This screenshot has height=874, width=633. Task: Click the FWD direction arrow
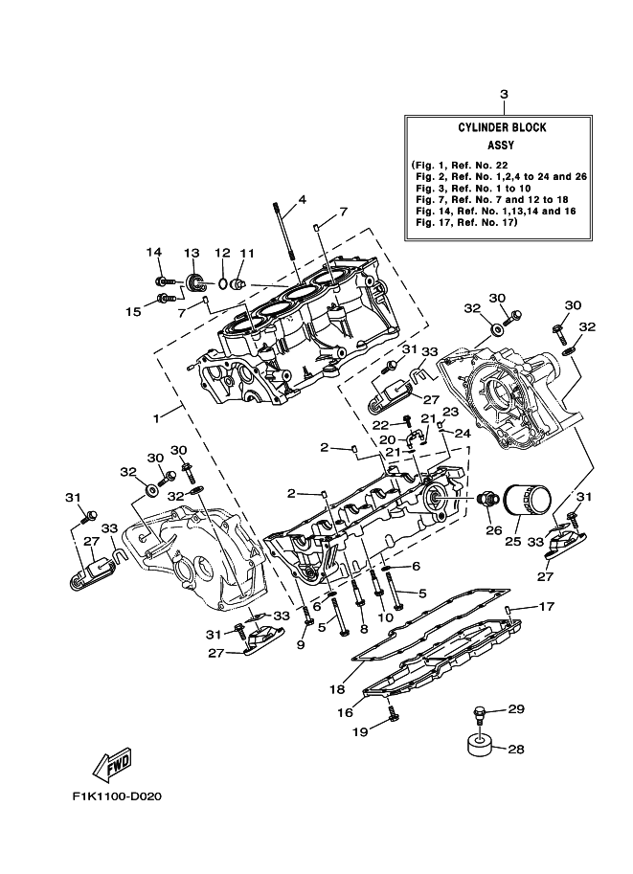111,765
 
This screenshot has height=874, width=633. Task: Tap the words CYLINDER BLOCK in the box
502,127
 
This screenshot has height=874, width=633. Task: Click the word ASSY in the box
502,146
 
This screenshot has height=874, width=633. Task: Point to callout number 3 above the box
504,94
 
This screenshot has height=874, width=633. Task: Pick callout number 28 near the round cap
515,750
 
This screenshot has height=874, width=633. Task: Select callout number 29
516,709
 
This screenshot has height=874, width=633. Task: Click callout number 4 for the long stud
302,200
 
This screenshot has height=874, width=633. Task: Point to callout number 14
153,252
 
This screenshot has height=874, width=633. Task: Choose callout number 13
191,253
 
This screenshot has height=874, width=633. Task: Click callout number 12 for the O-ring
222,253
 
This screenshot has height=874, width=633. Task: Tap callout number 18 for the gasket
336,687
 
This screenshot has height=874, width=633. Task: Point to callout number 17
546,606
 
